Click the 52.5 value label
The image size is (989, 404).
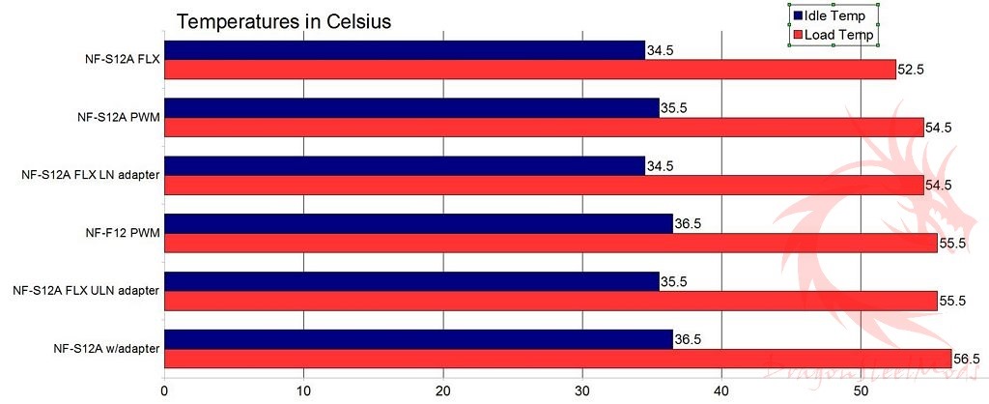pos(912,70)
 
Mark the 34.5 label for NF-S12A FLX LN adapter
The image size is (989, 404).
pos(660,166)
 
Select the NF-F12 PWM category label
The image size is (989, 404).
pos(122,232)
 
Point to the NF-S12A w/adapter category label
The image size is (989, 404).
pos(106,348)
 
